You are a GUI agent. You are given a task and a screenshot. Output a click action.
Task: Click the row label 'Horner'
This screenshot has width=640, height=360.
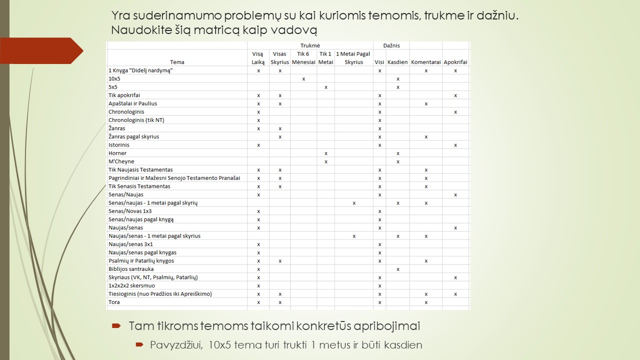pyautogui.click(x=117, y=153)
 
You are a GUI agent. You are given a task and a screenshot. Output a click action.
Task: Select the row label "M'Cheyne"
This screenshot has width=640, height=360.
pyautogui.click(x=121, y=161)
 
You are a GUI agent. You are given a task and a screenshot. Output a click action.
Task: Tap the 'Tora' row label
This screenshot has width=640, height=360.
pyautogui.click(x=114, y=302)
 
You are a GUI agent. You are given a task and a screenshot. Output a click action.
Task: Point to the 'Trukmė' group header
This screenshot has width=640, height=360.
pyautogui.click(x=310, y=45)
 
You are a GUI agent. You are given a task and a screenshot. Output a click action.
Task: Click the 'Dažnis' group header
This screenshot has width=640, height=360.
pyautogui.click(x=391, y=45)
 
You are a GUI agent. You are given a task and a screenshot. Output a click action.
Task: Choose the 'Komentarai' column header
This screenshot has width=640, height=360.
pyautogui.click(x=425, y=62)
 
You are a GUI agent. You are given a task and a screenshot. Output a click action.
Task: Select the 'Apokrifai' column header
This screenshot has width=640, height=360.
pyautogui.click(x=455, y=62)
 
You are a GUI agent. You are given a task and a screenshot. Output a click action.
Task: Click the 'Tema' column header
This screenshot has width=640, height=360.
pyautogui.click(x=177, y=62)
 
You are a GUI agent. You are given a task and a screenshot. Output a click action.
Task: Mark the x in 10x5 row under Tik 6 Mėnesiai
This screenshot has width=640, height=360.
pyautogui.click(x=303, y=79)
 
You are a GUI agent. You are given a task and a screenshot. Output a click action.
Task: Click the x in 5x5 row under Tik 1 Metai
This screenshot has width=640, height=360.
pyautogui.click(x=326, y=87)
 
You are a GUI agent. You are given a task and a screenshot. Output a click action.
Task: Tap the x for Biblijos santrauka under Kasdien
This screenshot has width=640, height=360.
pyautogui.click(x=398, y=269)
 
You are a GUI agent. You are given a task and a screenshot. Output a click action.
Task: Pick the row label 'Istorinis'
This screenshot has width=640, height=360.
pyautogui.click(x=119, y=145)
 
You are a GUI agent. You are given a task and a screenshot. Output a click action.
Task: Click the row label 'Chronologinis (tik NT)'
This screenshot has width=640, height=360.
pyautogui.click(x=136, y=120)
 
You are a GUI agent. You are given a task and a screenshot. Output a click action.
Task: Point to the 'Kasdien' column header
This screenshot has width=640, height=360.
pyautogui.click(x=397, y=62)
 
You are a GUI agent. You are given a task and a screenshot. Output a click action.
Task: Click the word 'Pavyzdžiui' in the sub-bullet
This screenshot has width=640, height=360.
pyautogui.click(x=165, y=345)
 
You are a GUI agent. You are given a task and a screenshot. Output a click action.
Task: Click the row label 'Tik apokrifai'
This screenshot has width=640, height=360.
pyautogui.click(x=124, y=95)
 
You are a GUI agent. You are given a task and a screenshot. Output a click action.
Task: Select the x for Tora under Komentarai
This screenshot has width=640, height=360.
pyautogui.click(x=426, y=302)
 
